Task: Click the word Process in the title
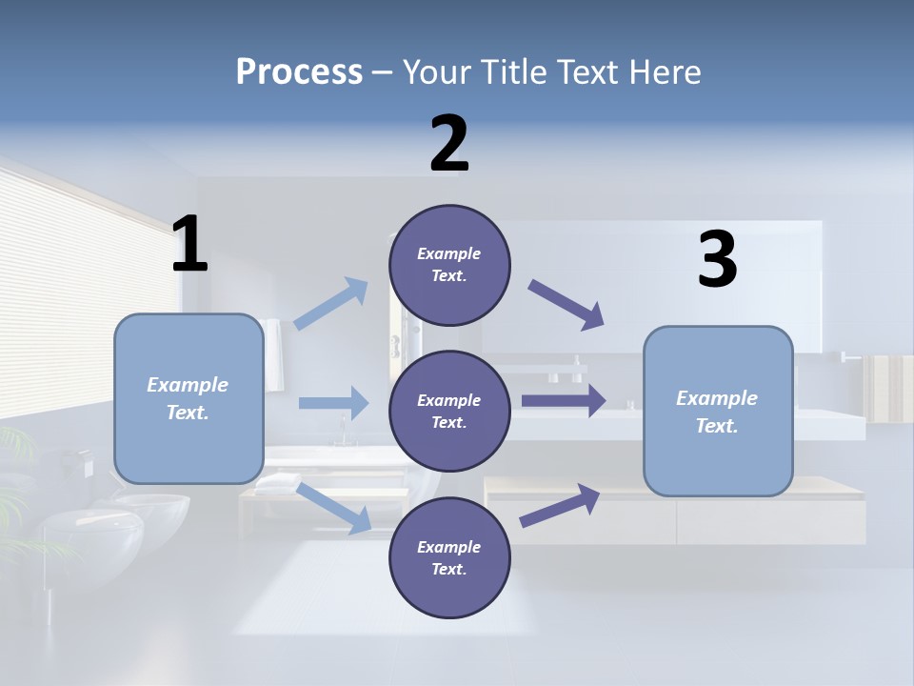[x=300, y=72]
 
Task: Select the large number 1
[x=189, y=243]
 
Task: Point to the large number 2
[x=449, y=143]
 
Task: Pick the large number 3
[x=718, y=258]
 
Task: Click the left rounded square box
[x=189, y=399]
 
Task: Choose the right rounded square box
[x=718, y=412]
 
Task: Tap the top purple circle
[x=449, y=265]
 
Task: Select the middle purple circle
[x=449, y=412]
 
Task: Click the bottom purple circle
[x=449, y=557]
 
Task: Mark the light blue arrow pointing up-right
[x=330, y=302]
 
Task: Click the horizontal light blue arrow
[x=333, y=402]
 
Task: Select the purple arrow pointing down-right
[x=566, y=305]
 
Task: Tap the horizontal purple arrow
[x=564, y=401]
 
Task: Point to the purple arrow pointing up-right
[x=560, y=506]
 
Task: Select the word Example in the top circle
[x=448, y=253]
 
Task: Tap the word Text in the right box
[x=717, y=425]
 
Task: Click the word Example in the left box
[x=188, y=385]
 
